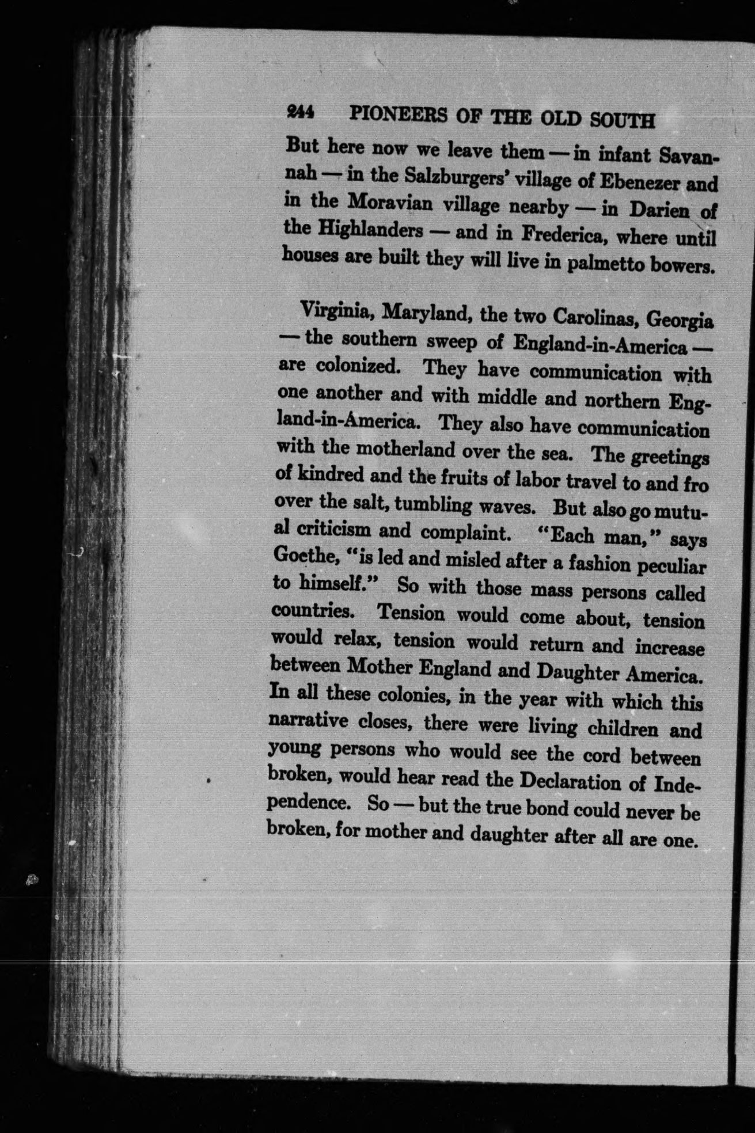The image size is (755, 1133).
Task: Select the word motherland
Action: pyautogui.click(x=405, y=449)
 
